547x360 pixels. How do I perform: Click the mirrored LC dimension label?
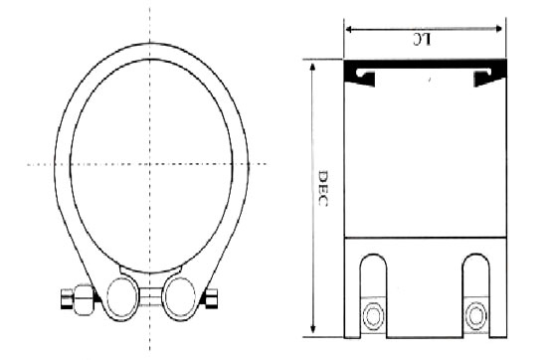tap(422, 40)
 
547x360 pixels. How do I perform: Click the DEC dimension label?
tap(323, 188)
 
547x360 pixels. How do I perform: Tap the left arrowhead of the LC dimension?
tap(349, 29)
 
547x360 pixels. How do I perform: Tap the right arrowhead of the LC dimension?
tap(499, 29)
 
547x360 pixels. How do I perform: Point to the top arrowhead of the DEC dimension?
tap(312, 67)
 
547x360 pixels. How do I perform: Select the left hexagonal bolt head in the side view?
tap(374, 316)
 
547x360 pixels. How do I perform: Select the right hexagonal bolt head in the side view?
tap(475, 316)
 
